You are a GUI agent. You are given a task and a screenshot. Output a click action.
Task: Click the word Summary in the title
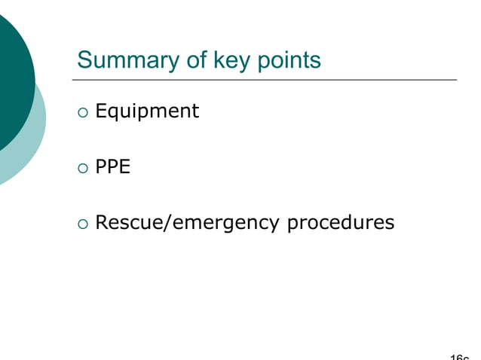click(x=121, y=60)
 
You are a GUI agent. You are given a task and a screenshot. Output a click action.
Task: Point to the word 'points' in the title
click(x=290, y=60)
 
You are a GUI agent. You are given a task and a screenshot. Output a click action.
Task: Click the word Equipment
click(x=147, y=111)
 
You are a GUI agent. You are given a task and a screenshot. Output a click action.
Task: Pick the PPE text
click(x=113, y=166)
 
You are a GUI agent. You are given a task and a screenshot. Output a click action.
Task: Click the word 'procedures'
click(x=342, y=223)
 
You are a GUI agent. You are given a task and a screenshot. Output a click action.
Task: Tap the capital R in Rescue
click(x=102, y=222)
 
